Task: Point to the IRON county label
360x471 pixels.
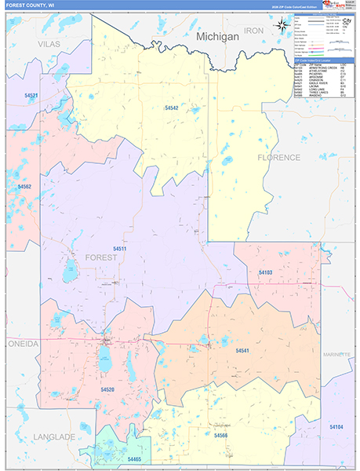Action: click(254, 30)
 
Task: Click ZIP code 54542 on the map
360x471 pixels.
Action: click(173, 108)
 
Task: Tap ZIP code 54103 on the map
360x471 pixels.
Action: click(265, 272)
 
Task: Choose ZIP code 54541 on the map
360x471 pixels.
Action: click(242, 351)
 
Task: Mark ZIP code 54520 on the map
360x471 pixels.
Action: click(107, 389)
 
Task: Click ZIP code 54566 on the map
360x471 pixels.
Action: click(220, 434)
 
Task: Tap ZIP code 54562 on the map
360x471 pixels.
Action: click(24, 187)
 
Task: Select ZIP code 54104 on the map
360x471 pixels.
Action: click(336, 426)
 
